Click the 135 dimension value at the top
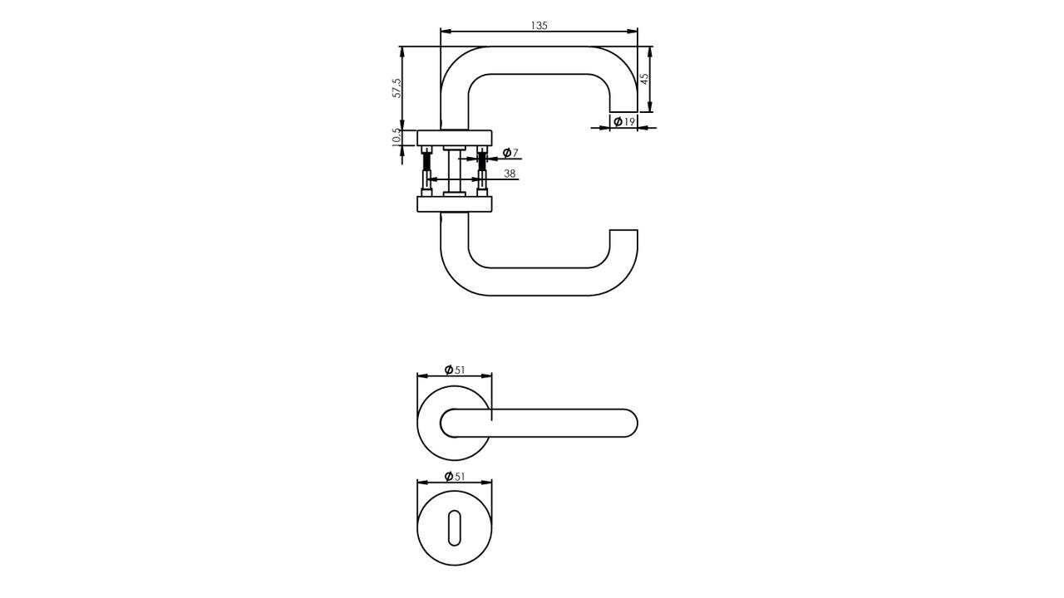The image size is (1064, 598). [539, 26]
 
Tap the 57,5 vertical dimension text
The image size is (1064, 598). [397, 88]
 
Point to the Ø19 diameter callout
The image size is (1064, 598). [624, 122]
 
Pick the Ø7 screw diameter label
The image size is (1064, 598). [510, 153]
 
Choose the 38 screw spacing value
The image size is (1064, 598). [510, 174]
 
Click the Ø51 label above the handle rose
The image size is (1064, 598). [455, 370]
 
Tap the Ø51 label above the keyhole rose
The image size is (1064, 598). [455, 477]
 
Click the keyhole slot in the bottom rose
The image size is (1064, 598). [454, 529]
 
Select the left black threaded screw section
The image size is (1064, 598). [427, 164]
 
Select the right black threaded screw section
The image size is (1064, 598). [481, 164]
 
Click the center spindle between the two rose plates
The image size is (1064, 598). [454, 172]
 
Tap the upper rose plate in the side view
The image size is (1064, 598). [454, 138]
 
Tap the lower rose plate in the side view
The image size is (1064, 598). [454, 204]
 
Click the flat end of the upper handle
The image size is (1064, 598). [623, 111]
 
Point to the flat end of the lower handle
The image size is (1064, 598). [623, 230]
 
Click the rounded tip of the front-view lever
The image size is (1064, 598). [634, 424]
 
